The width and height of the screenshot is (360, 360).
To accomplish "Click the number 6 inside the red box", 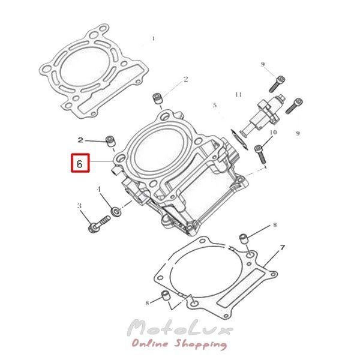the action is click(80, 164).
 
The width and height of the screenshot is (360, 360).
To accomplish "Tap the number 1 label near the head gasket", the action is click(153, 38).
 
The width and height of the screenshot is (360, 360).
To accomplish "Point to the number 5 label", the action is click(215, 106).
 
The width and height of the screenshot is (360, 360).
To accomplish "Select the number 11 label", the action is click(239, 94).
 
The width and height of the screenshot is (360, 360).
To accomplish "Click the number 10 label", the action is click(273, 132).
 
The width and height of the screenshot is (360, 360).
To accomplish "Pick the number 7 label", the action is click(282, 248).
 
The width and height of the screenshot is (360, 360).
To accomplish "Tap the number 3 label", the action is click(79, 205).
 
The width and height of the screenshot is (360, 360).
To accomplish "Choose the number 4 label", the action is click(99, 190).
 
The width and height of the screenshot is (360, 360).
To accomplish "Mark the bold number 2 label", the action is click(80, 140).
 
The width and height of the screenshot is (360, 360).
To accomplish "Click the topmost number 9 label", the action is click(263, 65).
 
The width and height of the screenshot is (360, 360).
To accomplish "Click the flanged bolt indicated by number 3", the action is click(99, 224).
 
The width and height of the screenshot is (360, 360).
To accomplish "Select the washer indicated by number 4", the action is click(116, 212).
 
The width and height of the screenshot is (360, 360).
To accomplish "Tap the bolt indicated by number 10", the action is click(260, 154).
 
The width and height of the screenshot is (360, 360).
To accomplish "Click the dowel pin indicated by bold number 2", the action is click(110, 142).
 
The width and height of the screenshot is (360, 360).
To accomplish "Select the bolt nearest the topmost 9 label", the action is click(277, 84).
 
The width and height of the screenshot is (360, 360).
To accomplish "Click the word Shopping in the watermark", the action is click(200, 344).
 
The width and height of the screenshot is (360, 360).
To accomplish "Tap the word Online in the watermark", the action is click(150, 343).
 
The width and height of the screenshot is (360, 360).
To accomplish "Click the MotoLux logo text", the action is click(181, 328).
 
